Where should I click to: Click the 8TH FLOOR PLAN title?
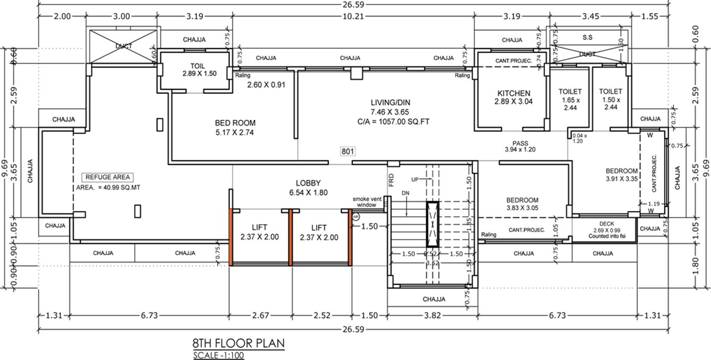238,343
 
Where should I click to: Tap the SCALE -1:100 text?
219,355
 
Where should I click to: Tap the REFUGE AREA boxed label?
106,177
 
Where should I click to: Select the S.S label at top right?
588,38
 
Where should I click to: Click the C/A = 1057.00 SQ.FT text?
393,121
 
